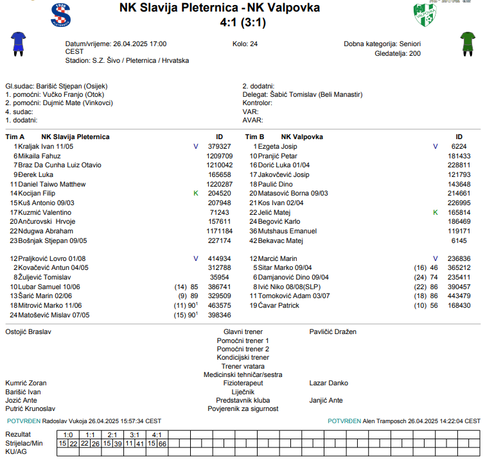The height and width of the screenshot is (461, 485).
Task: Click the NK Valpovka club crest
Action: coord(425,15)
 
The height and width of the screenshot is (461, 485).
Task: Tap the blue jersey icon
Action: coord(17,44)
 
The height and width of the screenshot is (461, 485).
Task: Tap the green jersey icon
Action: coord(466,44)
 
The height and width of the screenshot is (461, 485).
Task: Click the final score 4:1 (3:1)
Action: coord(242,22)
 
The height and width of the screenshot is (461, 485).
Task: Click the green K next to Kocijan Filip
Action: coord(196,193)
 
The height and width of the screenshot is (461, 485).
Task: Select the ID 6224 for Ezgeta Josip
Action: coord(459,147)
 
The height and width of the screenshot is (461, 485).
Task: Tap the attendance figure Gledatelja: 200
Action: coord(398,53)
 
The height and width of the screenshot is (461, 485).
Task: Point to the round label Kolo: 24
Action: coord(245,44)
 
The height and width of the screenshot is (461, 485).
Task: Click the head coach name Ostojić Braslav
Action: coord(28,332)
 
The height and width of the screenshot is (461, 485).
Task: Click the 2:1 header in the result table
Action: coord(112,435)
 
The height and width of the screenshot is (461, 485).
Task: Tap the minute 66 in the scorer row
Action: coord(163,444)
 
